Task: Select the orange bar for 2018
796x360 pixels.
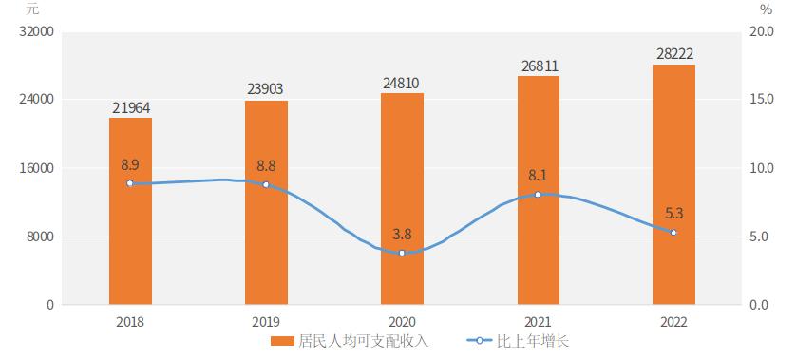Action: point(130,211)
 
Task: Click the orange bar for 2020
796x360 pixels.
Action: point(402,199)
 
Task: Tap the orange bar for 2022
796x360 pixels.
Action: point(673,184)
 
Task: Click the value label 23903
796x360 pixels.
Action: point(265,89)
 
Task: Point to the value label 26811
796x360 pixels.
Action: point(538,66)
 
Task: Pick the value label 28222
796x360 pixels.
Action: point(673,53)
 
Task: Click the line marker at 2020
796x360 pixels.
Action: point(402,253)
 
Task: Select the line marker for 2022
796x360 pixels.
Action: point(673,233)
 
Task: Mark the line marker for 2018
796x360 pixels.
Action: point(130,183)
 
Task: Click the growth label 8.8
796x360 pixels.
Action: point(266,165)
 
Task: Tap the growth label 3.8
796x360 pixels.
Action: point(402,234)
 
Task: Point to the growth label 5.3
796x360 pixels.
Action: point(674,214)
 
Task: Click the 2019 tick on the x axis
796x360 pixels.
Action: point(266,322)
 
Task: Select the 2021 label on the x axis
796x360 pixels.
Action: point(538,322)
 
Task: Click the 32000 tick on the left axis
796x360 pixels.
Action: point(35,31)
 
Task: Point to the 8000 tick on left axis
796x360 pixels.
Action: point(38,237)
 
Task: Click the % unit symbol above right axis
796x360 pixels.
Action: point(767,9)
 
